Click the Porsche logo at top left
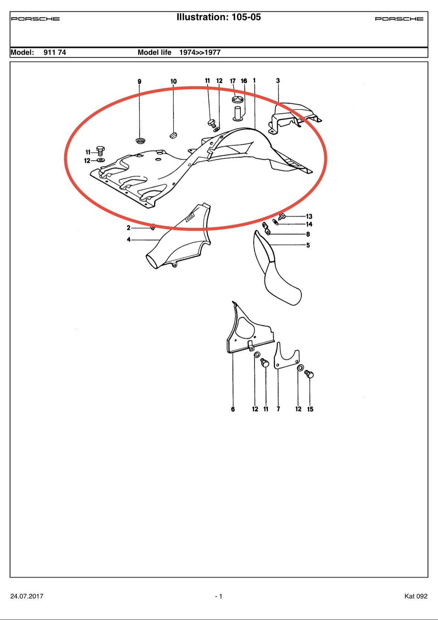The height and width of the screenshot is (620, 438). [x=35, y=19]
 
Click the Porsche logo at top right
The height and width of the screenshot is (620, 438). [x=399, y=19]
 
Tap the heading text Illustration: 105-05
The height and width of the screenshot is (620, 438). [x=218, y=17]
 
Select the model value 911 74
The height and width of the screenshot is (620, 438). [x=55, y=52]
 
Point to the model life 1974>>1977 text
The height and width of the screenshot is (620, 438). [x=200, y=52]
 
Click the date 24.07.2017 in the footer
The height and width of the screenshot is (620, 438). [x=27, y=596]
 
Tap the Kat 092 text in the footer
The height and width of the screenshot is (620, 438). [x=416, y=596]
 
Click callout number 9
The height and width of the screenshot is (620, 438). [x=139, y=81]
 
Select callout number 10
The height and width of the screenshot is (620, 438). [x=173, y=81]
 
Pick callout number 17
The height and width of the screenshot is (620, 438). [x=233, y=81]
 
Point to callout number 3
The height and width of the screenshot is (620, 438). [x=278, y=81]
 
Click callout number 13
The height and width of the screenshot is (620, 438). [x=309, y=216]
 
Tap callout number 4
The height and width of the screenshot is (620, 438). [x=129, y=239]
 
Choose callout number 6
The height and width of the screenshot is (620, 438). [x=233, y=409]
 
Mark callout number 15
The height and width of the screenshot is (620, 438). [x=310, y=409]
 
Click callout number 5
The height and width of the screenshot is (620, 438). [x=308, y=245]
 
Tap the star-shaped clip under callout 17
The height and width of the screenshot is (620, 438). [x=237, y=99]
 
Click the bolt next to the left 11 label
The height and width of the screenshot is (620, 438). [x=100, y=151]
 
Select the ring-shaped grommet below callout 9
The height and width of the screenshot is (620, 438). [x=140, y=141]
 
